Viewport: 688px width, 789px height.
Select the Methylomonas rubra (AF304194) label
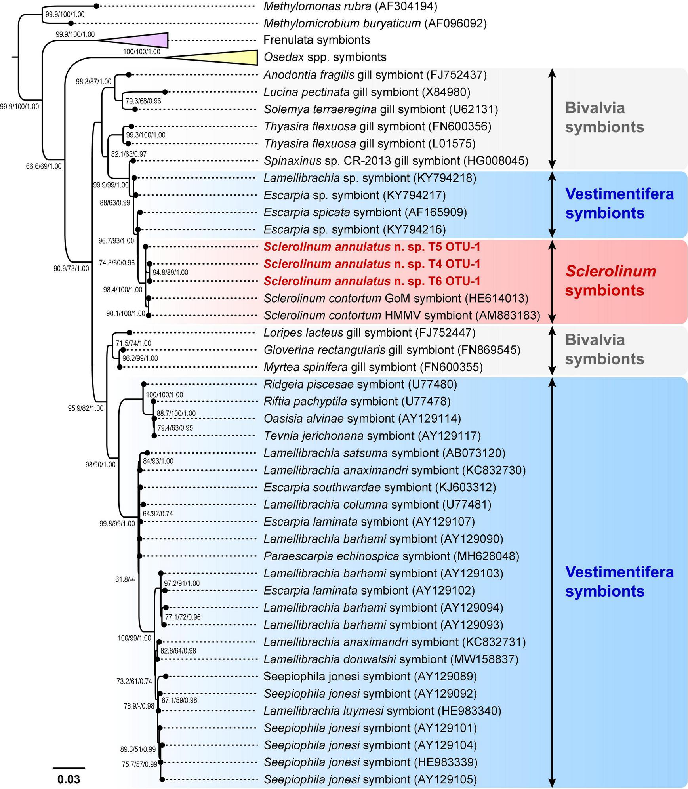[x=351, y=6]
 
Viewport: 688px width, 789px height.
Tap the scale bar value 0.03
[x=69, y=779]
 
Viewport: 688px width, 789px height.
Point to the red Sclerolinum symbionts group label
[x=610, y=281]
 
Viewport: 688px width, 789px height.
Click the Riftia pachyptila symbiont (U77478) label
[x=357, y=401]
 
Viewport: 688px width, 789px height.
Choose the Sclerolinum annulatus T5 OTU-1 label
[x=372, y=247]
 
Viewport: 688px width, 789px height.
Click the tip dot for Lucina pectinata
[x=165, y=92]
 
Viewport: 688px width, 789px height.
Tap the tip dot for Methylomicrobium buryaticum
[x=71, y=23]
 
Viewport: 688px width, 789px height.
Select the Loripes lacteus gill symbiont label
[x=370, y=333]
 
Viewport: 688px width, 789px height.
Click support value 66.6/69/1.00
[x=44, y=166]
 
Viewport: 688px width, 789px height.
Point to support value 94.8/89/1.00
[x=170, y=273]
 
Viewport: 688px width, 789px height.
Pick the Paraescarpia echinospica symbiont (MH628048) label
[x=391, y=556]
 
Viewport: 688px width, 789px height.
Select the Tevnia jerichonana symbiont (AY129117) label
[x=372, y=436]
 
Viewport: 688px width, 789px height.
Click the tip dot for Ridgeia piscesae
[x=144, y=384]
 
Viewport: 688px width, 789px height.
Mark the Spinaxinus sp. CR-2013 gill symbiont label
[x=396, y=161]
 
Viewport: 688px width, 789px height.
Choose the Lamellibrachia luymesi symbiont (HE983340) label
[x=382, y=711]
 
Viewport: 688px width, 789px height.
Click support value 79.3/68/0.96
[x=143, y=101]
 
